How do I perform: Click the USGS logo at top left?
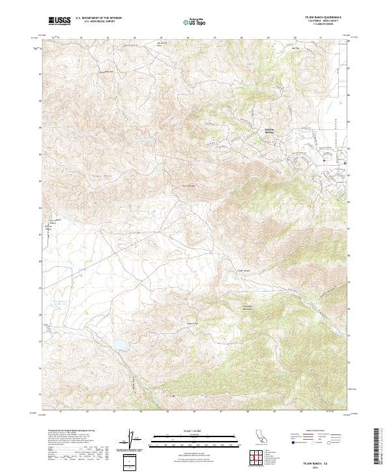(x=60, y=21)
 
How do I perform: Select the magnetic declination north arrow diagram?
(x=130, y=437)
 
